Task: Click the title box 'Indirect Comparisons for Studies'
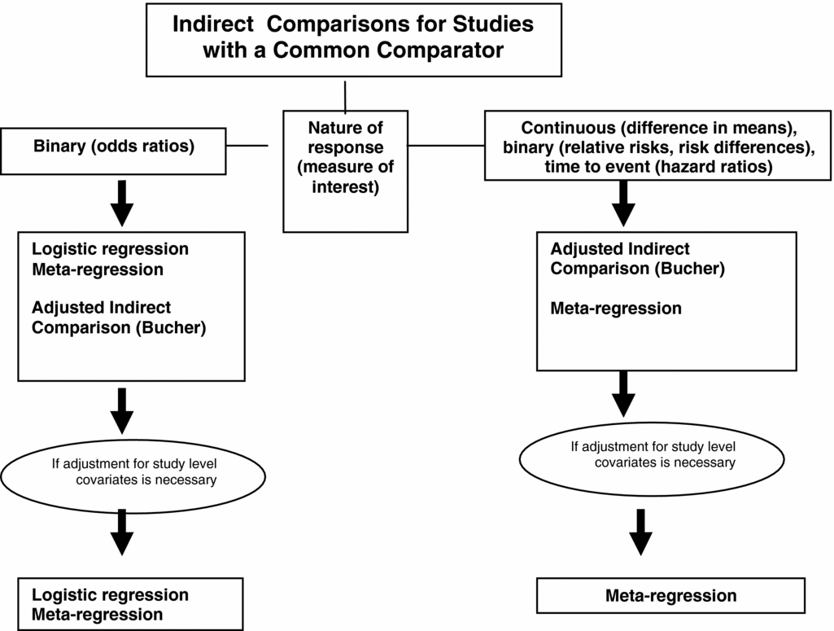coord(352,37)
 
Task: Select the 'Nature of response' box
coord(345,171)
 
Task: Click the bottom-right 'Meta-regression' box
coord(670,596)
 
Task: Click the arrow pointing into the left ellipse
coord(122,412)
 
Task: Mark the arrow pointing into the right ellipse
coord(624,393)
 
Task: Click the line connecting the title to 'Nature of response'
coord(346,95)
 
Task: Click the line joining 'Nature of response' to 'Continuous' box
coord(446,146)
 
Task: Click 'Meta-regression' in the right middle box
coord(616,309)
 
